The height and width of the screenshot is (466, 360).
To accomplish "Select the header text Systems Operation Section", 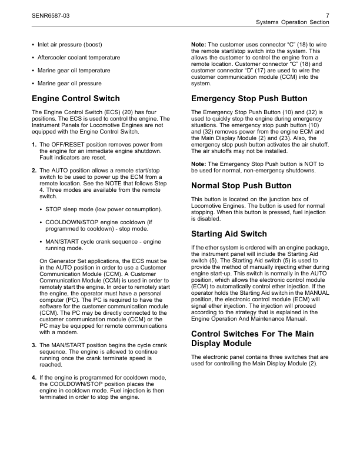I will [292, 22].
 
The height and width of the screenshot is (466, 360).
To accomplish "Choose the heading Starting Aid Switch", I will [229, 234].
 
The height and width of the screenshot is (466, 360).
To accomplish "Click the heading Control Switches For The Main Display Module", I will [252, 338].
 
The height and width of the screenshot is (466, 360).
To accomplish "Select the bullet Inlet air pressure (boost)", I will [70, 45].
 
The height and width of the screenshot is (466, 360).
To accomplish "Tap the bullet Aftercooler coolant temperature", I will [79, 58].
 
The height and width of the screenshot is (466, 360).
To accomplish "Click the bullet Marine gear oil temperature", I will [74, 71].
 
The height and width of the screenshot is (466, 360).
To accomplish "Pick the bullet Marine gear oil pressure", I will [69, 84].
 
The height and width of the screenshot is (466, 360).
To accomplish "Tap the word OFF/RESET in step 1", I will [65, 144].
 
